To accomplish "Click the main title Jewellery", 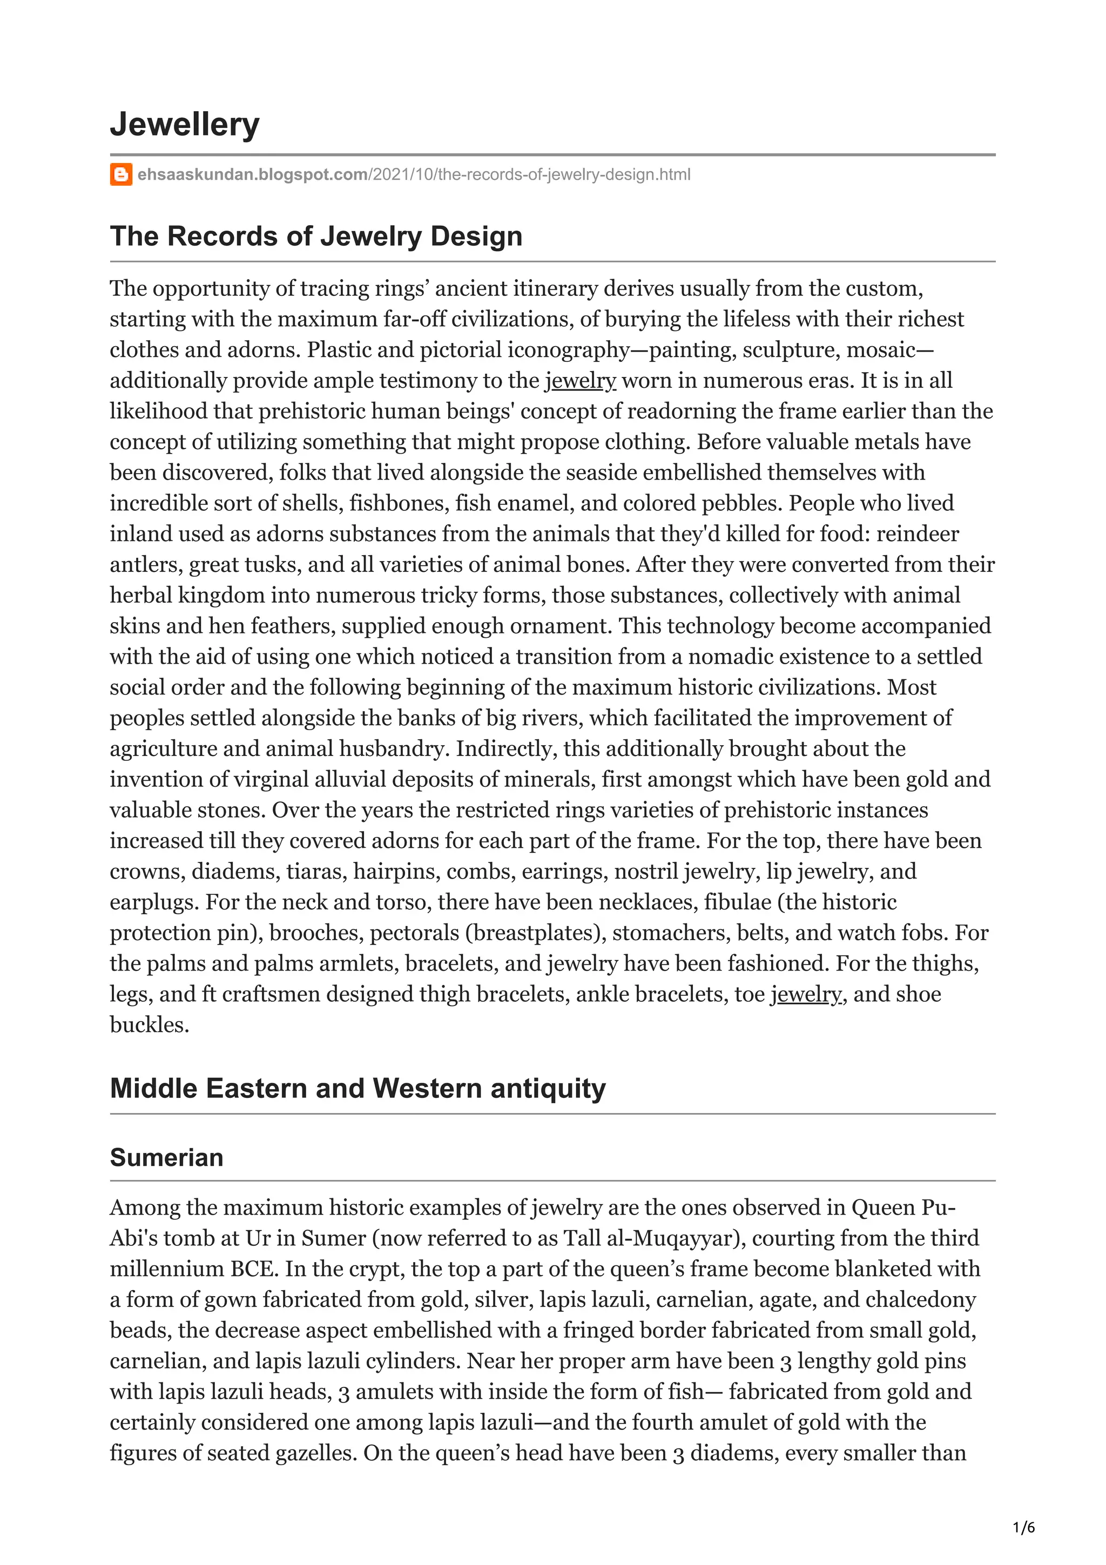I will click(x=185, y=125).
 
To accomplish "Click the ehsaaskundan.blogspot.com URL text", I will click(x=252, y=174).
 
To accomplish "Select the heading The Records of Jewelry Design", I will click(x=316, y=236).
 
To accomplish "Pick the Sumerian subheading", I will click(x=166, y=1157).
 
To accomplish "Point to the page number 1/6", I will click(x=1023, y=1528).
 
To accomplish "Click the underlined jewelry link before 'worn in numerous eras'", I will click(x=581, y=380).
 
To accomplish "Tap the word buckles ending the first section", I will click(x=149, y=1024).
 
